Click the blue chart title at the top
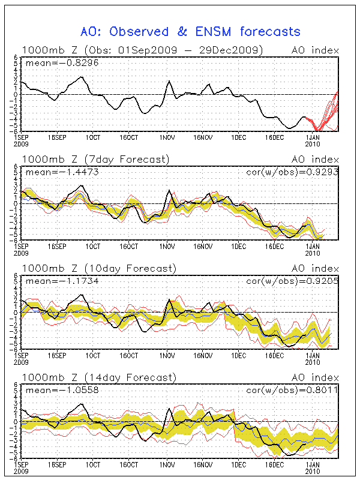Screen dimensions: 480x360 click(x=190, y=31)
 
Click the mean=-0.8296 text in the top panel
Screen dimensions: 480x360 click(x=52, y=63)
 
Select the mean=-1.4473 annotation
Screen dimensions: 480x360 click(x=52, y=172)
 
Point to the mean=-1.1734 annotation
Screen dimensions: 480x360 click(x=52, y=281)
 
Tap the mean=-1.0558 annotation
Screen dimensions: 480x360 click(x=52, y=390)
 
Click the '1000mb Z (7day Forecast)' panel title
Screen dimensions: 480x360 click(x=95, y=159)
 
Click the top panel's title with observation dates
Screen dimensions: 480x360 click(x=142, y=50)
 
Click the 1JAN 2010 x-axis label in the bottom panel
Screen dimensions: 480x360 click(x=313, y=466)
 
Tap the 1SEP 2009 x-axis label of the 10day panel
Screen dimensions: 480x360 click(x=21, y=358)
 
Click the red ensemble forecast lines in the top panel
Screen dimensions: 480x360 click(x=327, y=111)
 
